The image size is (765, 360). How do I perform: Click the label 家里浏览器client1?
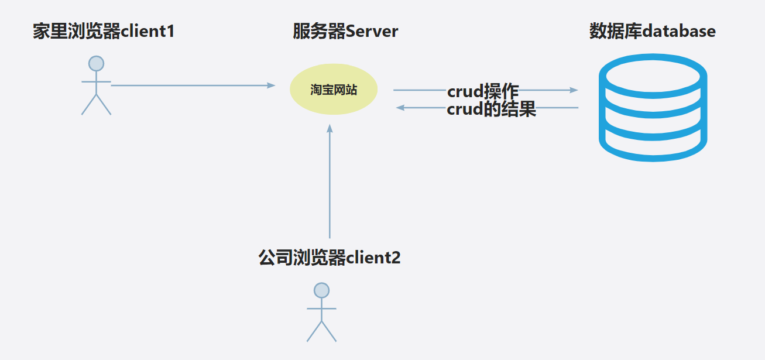[x=104, y=31]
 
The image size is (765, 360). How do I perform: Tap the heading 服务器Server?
[x=345, y=31]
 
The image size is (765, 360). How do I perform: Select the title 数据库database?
[x=652, y=31]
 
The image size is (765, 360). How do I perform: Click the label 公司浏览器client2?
[x=330, y=257]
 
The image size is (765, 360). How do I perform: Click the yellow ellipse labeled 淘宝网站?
[x=334, y=90]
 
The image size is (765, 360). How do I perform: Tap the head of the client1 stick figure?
[x=96, y=63]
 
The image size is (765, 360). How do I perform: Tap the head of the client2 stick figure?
[x=321, y=290]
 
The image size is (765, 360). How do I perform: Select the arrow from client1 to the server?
[x=187, y=85]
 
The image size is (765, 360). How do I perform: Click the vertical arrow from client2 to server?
[x=330, y=181]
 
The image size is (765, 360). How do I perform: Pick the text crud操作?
[x=483, y=91]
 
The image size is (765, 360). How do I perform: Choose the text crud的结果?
[x=491, y=109]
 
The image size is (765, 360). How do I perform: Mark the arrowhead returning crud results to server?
[x=400, y=108]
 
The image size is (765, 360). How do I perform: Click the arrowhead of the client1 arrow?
[x=271, y=85]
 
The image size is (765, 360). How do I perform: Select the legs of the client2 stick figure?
[x=321, y=331]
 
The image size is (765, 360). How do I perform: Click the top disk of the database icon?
[x=653, y=76]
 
